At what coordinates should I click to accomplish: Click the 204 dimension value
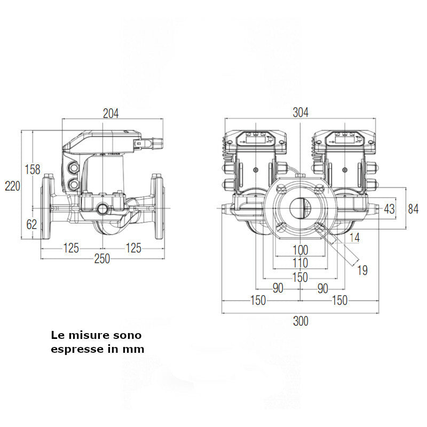(111, 113)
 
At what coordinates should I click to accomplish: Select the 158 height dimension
(33, 170)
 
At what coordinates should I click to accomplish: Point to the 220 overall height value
(12, 186)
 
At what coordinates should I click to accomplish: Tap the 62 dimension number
(32, 224)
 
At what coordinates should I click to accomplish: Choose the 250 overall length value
(102, 259)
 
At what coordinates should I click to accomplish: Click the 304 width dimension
(301, 113)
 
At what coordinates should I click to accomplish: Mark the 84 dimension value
(413, 209)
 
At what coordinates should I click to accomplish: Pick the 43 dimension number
(390, 209)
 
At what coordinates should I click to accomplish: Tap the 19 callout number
(362, 271)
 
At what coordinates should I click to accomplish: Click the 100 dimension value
(301, 250)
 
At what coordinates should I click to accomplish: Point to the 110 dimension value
(301, 263)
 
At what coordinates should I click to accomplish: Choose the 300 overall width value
(301, 321)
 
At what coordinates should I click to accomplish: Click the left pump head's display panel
(255, 137)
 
